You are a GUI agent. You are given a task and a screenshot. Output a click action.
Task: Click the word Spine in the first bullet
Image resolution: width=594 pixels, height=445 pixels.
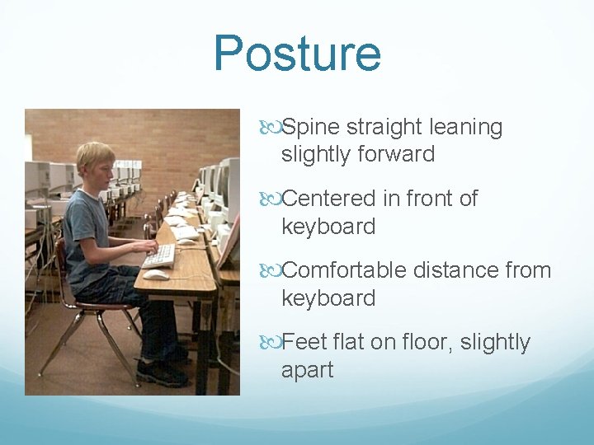coord(311,128)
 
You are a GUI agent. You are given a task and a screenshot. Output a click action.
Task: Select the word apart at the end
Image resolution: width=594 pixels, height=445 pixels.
coord(307,370)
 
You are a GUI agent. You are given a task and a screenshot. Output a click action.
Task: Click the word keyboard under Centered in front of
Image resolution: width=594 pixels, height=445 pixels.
coord(328,227)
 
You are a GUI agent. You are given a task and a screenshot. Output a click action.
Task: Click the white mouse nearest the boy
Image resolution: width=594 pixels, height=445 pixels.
coord(156,274)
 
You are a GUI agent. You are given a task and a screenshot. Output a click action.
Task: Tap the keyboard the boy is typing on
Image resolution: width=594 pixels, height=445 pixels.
coord(158,256)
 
